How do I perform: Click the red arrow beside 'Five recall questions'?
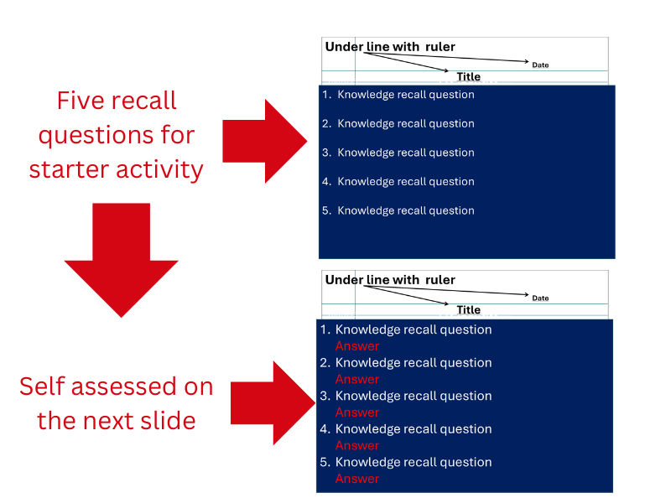pyautogui.click(x=265, y=141)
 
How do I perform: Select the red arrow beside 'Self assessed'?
pyautogui.click(x=273, y=403)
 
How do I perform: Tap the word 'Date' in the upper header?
pyautogui.click(x=540, y=65)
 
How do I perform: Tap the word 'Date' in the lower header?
pyautogui.click(x=540, y=298)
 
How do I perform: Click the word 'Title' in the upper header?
pyautogui.click(x=469, y=76)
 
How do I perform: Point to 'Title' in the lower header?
pyautogui.click(x=469, y=309)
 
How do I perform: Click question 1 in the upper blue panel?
pyautogui.click(x=398, y=95)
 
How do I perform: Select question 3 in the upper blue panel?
pyautogui.click(x=398, y=153)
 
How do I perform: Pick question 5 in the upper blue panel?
pyautogui.click(x=398, y=211)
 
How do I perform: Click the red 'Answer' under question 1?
pyautogui.click(x=357, y=346)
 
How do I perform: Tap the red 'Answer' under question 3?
pyautogui.click(x=357, y=412)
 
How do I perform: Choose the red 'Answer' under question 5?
pyautogui.click(x=357, y=479)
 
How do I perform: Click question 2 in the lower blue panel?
pyautogui.click(x=406, y=363)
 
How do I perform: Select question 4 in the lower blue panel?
pyautogui.click(x=406, y=429)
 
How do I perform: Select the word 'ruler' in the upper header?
pyautogui.click(x=440, y=47)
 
